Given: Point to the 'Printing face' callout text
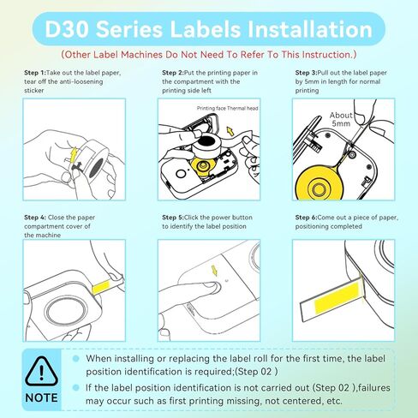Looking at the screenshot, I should [211, 110].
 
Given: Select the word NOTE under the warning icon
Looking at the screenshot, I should [40, 398].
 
